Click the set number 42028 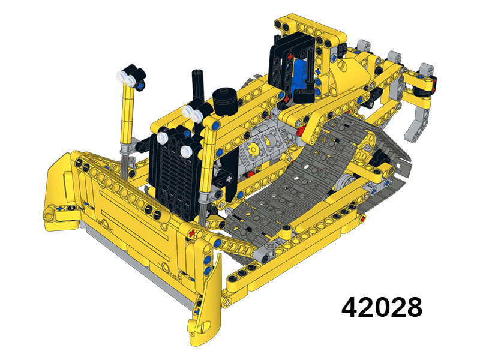[382, 307]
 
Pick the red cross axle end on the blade [191, 232]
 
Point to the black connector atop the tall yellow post [132, 77]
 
